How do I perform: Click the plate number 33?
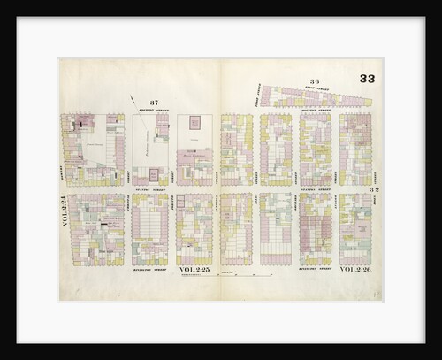[x=367, y=80]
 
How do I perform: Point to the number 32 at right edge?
[x=375, y=189]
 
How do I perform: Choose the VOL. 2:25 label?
[x=195, y=269]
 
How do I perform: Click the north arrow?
[x=134, y=103]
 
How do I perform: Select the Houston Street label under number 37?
[x=156, y=111]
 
